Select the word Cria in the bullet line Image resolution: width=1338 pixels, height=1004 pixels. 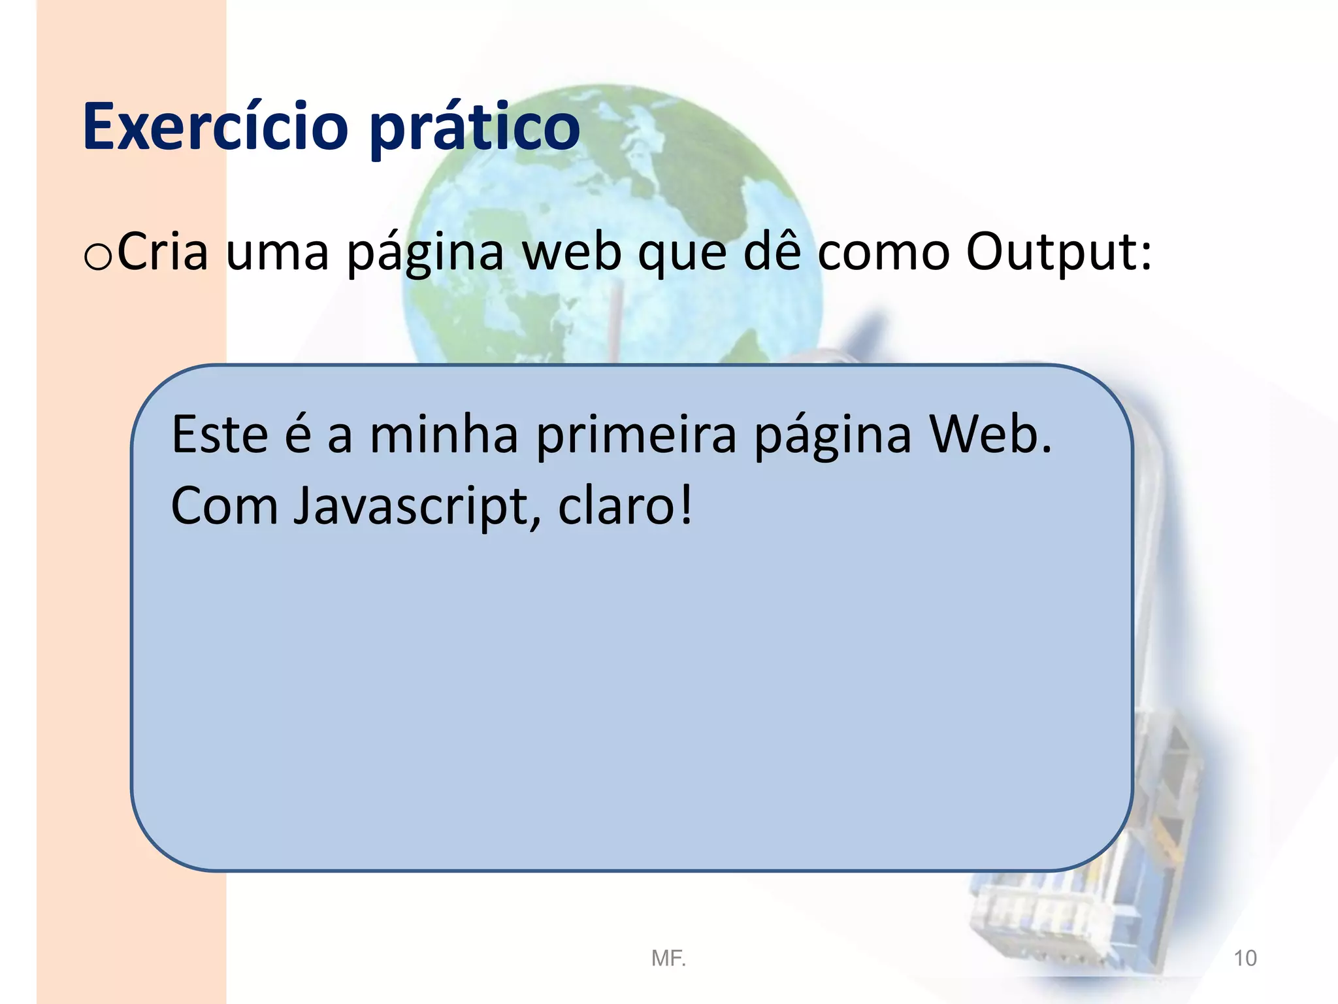tap(163, 252)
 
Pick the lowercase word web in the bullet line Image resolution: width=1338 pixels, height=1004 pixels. tap(572, 252)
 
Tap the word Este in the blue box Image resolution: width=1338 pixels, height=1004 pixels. tap(220, 434)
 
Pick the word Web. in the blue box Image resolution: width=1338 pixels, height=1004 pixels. tap(990, 434)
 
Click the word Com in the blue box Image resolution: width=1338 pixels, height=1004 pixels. tap(224, 506)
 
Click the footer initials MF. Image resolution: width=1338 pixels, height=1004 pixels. tap(668, 958)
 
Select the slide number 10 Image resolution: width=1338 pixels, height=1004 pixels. tap(1245, 958)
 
